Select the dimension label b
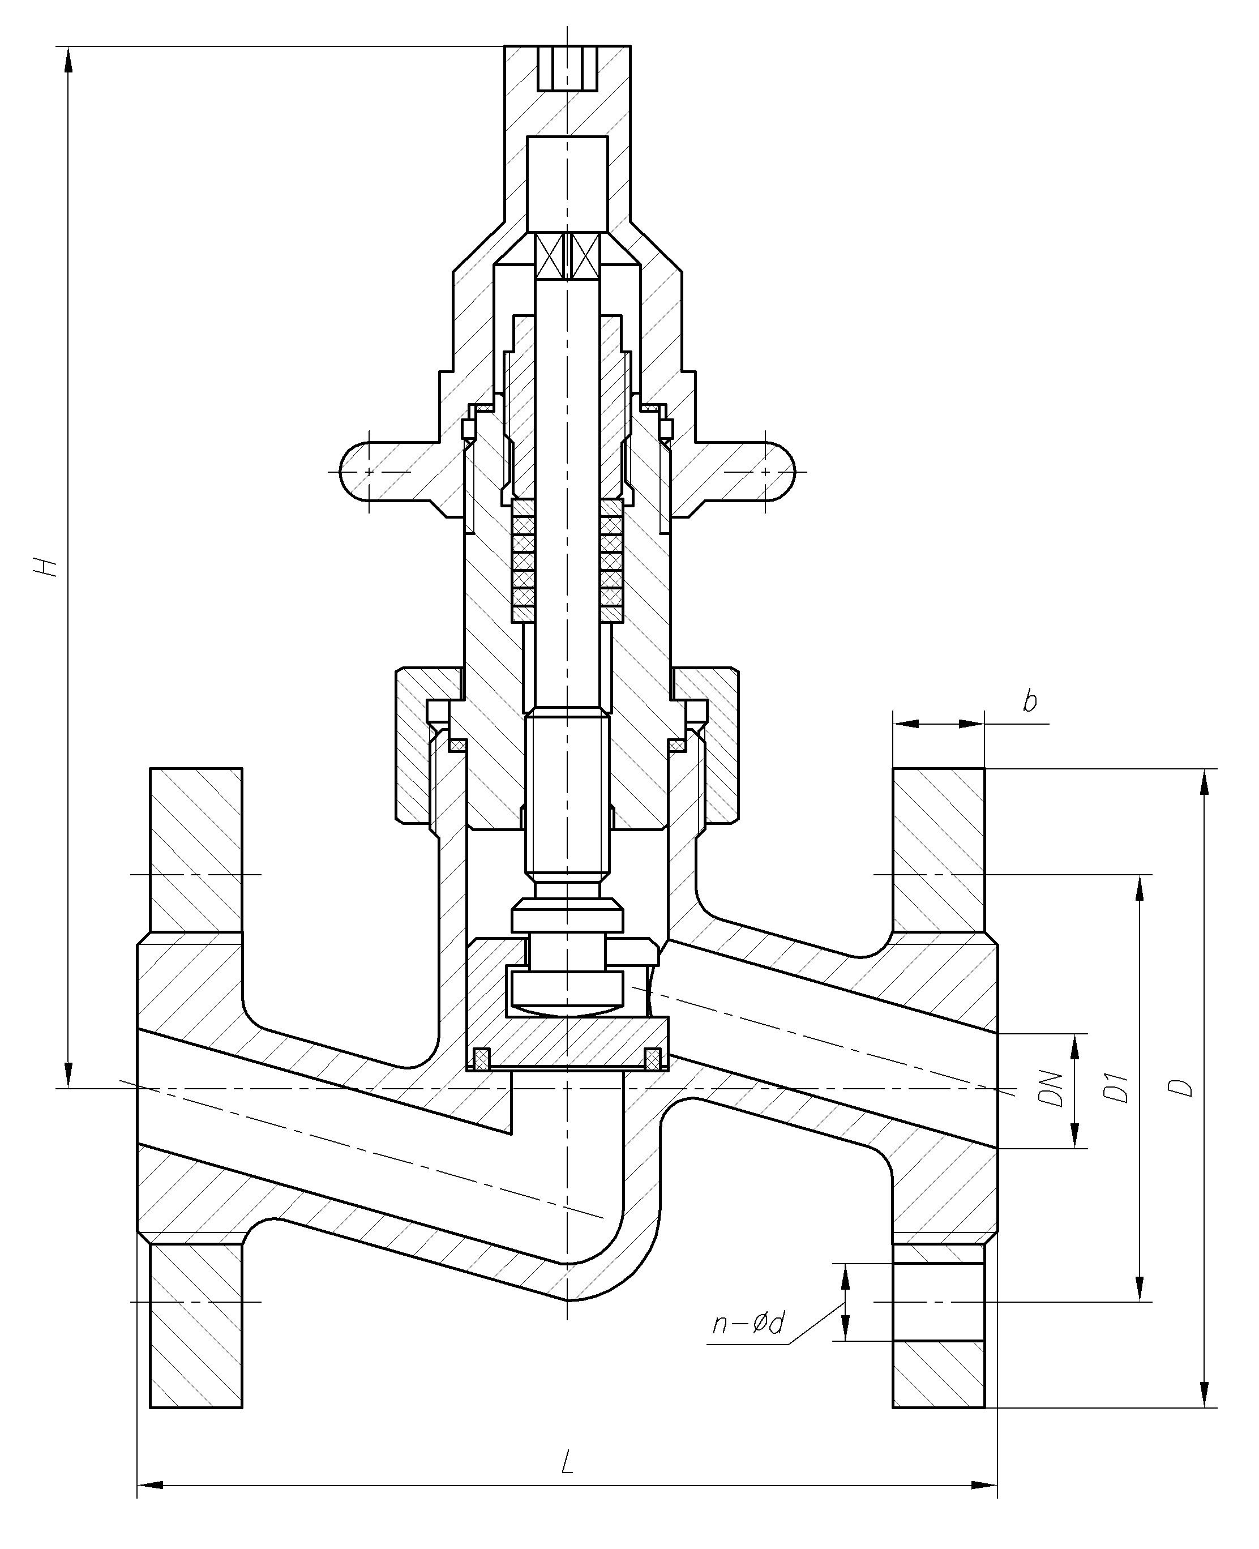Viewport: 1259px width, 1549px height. click(x=1030, y=701)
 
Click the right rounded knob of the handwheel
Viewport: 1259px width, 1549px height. click(x=771, y=472)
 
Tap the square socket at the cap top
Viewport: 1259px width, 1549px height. click(x=568, y=68)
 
